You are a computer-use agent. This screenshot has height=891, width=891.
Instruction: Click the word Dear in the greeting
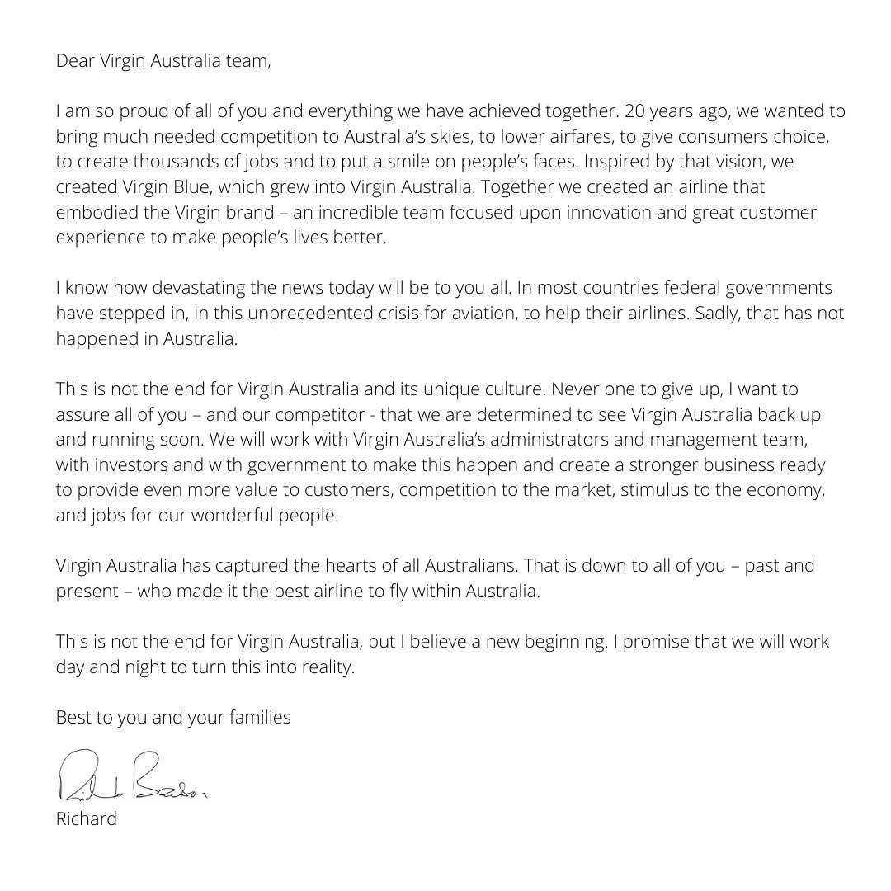[x=74, y=61]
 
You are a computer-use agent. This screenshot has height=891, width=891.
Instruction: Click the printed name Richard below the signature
[x=87, y=821]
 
